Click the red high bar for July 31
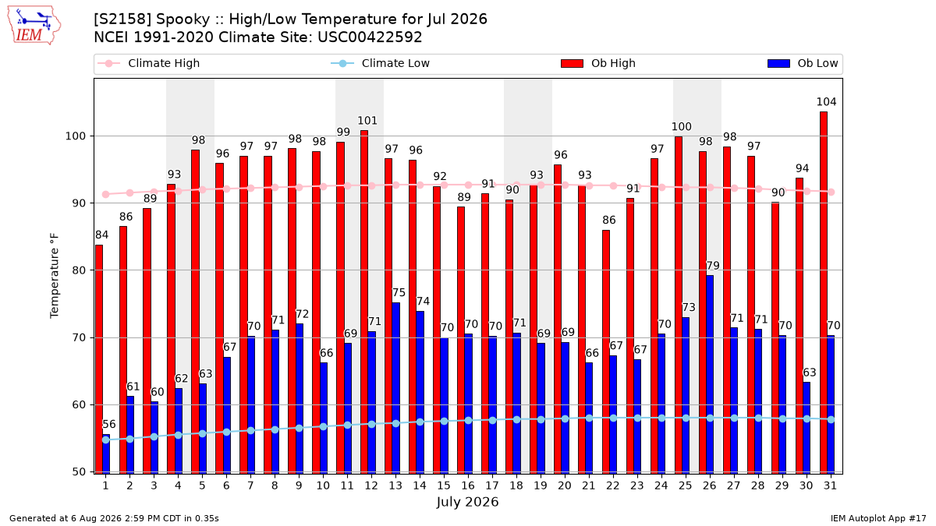[824, 293]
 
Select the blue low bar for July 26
[710, 375]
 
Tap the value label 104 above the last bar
[827, 102]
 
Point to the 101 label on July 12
[367, 121]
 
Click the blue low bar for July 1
[106, 454]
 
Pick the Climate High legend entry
[149, 63]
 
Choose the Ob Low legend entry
[803, 63]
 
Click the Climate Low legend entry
[381, 63]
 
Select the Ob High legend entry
[598, 63]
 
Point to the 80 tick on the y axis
[79, 270]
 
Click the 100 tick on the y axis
[75, 136]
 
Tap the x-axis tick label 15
[444, 485]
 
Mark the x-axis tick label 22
[613, 485]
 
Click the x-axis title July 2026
[467, 501]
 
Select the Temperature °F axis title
[55, 276]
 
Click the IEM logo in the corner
[34, 26]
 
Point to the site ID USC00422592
[370, 37]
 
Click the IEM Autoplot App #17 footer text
[878, 518]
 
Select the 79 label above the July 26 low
[713, 266]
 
